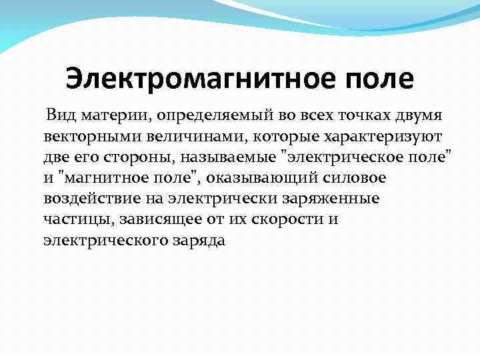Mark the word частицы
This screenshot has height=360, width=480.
coord(71,220)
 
